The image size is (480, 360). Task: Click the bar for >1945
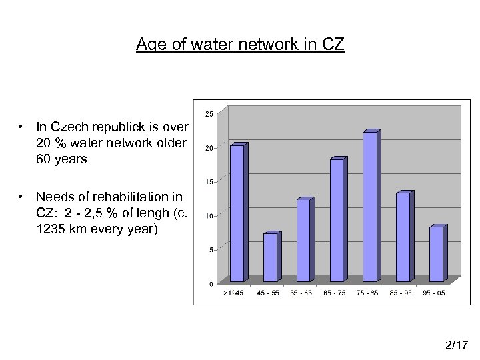(237, 213)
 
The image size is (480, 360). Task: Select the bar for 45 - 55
(270, 257)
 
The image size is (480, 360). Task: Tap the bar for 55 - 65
(303, 241)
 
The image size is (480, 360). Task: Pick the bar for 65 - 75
(337, 220)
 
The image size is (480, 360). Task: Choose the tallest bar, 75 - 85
(370, 207)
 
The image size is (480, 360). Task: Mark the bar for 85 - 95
(403, 237)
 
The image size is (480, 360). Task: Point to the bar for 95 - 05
(436, 254)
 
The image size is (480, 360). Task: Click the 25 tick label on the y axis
(209, 114)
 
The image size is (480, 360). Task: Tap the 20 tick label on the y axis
(209, 148)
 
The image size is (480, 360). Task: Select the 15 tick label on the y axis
(209, 182)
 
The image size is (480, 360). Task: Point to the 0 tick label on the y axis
(211, 285)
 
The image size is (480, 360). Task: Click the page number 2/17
(457, 345)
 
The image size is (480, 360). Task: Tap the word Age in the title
(148, 45)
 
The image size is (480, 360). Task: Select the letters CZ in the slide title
(333, 45)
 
